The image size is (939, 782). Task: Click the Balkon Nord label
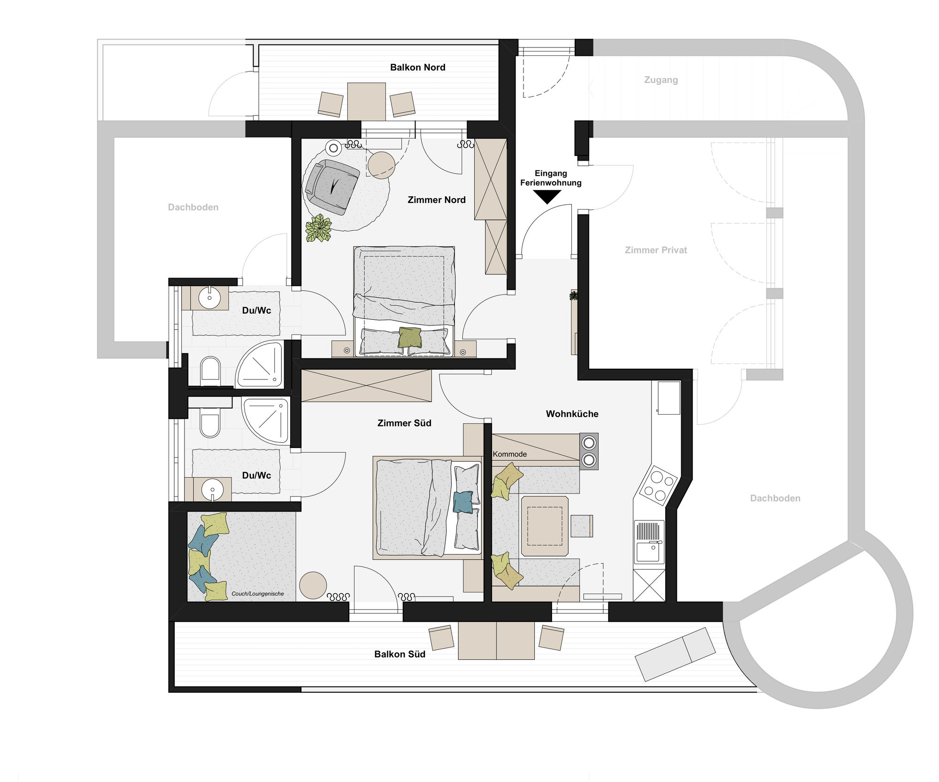pyautogui.click(x=417, y=67)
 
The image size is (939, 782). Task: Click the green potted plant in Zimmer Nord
pyautogui.click(x=318, y=228)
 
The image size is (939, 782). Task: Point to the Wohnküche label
pyautogui.click(x=572, y=414)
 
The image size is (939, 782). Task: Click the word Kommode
pyautogui.click(x=509, y=454)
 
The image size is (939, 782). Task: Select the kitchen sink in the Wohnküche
pyautogui.click(x=649, y=542)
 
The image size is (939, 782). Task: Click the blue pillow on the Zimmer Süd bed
pyautogui.click(x=463, y=502)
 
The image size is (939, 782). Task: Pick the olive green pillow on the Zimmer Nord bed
pyautogui.click(x=410, y=337)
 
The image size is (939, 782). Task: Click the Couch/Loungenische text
pyautogui.click(x=257, y=594)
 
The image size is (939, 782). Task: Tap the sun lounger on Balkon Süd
pyautogui.click(x=675, y=654)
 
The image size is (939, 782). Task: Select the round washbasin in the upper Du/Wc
pyautogui.click(x=209, y=297)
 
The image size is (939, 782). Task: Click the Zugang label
pyautogui.click(x=661, y=80)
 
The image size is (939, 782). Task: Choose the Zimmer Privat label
pyautogui.click(x=655, y=250)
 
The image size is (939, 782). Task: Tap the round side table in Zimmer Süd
pyautogui.click(x=313, y=585)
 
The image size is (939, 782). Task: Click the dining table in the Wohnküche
pyautogui.click(x=545, y=526)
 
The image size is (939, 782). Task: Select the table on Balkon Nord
pyautogui.click(x=366, y=101)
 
